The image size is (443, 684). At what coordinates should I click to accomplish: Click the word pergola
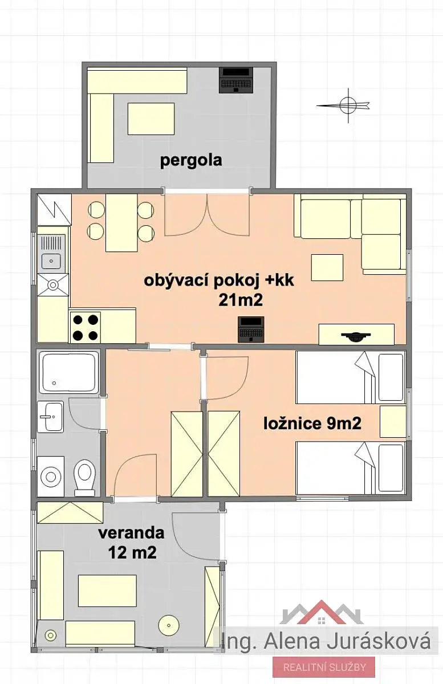191,161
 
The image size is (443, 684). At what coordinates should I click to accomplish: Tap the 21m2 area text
241,300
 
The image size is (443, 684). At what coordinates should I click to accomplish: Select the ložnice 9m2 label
312,424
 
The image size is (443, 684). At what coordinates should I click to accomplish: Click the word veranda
131,533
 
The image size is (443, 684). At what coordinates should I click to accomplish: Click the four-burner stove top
86,328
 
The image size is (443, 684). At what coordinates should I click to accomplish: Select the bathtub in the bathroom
68,372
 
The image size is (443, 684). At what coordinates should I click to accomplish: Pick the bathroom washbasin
51,417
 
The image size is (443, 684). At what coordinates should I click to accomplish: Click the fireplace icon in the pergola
236,80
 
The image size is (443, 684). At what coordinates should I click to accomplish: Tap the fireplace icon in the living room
251,329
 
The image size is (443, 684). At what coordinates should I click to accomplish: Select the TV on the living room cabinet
356,336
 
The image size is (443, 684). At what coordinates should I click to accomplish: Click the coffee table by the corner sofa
327,267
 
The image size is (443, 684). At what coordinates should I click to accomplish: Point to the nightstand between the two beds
393,422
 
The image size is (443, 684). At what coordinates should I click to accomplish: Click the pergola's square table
151,119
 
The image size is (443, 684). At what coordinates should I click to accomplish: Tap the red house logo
322,611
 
